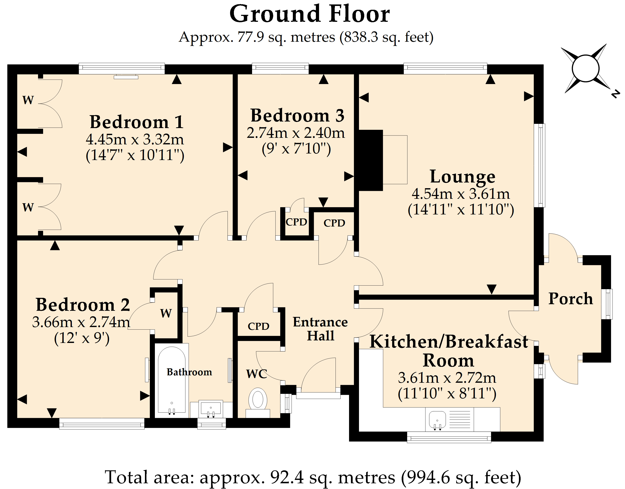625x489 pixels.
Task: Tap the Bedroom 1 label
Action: coord(136,122)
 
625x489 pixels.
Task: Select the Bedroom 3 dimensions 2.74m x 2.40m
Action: coord(296,133)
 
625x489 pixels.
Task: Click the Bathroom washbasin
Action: coord(211,409)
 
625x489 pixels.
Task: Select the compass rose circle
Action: coord(585,69)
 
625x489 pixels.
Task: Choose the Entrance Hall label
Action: coord(320,329)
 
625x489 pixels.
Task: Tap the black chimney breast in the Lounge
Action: coord(371,160)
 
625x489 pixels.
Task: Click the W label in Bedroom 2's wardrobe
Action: coord(166,313)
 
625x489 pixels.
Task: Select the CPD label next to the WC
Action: coord(258,326)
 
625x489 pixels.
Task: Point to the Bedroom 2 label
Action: coord(83,304)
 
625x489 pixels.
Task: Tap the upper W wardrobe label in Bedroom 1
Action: coord(28,100)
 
